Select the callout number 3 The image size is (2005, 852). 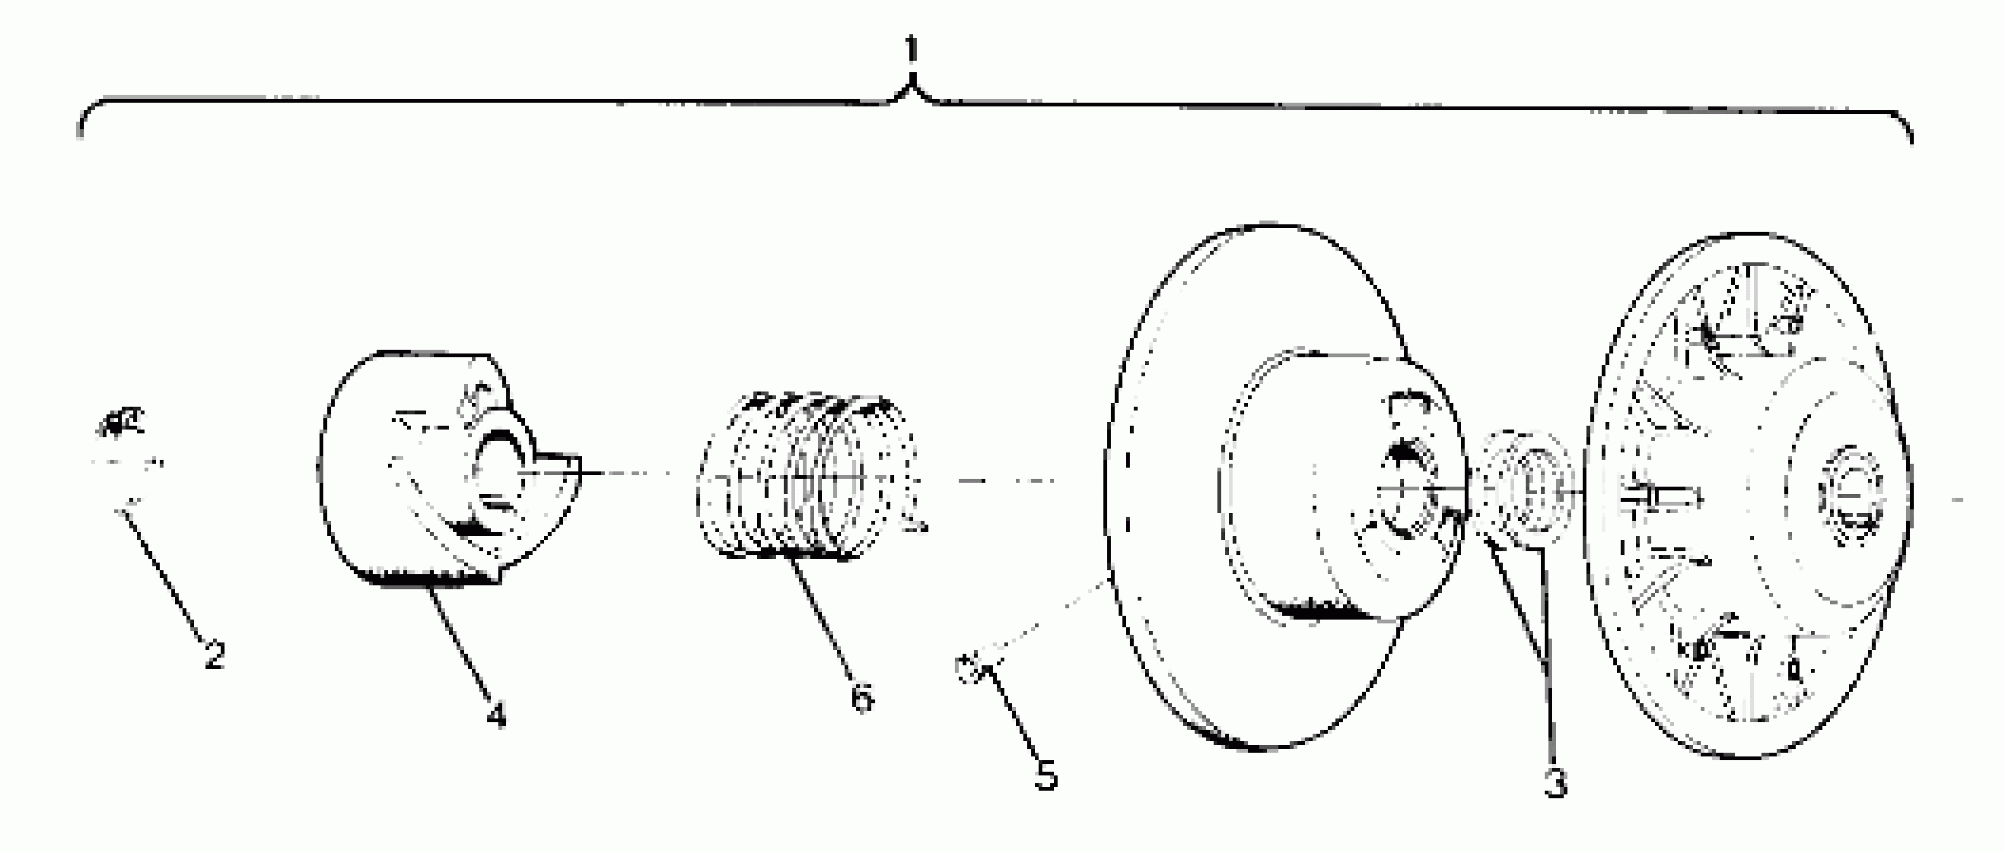coord(1555,782)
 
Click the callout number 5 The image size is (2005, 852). coord(1045,774)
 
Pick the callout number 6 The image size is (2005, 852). coord(861,697)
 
